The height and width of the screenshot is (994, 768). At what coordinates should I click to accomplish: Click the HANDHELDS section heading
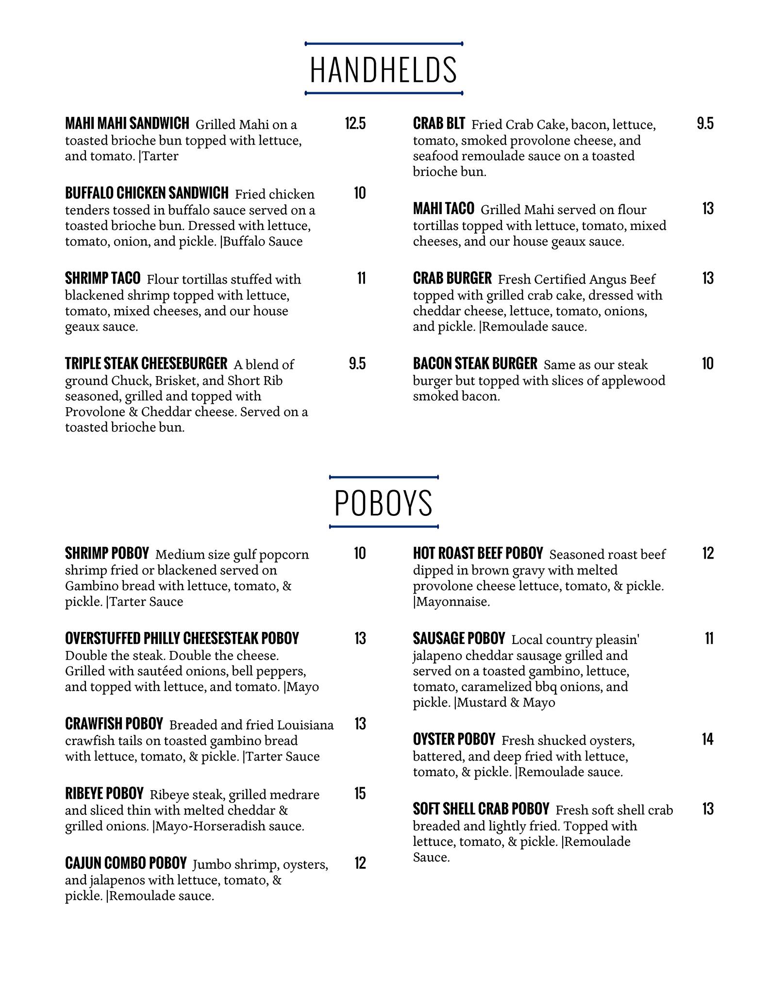384,69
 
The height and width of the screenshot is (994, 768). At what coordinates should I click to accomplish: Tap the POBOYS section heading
384,503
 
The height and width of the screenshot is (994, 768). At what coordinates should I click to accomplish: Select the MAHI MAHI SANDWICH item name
127,124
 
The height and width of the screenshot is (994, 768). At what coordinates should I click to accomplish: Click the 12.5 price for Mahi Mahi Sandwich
355,124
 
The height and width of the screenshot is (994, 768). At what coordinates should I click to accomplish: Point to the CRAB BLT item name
439,124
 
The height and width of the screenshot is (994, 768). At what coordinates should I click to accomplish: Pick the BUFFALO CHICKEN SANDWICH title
147,193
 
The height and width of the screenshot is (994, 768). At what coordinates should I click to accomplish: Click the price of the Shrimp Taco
361,279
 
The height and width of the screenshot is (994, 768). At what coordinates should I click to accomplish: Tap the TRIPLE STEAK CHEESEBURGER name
146,364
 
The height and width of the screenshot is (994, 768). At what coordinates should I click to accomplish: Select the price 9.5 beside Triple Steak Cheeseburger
357,364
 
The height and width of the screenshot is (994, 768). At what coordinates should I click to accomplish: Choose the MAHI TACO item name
443,209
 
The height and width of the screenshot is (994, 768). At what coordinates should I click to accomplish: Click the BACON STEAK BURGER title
475,364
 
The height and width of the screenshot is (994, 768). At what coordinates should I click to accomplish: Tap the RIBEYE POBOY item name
104,794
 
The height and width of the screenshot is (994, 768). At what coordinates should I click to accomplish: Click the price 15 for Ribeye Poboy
360,794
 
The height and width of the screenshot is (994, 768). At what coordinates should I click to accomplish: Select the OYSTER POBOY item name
454,739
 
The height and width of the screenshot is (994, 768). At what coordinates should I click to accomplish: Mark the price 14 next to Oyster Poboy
708,739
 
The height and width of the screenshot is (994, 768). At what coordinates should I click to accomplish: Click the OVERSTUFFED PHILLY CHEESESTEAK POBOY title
182,638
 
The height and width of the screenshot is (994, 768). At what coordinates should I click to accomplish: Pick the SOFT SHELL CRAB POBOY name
481,809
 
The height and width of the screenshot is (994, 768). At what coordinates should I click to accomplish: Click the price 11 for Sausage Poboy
709,639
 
